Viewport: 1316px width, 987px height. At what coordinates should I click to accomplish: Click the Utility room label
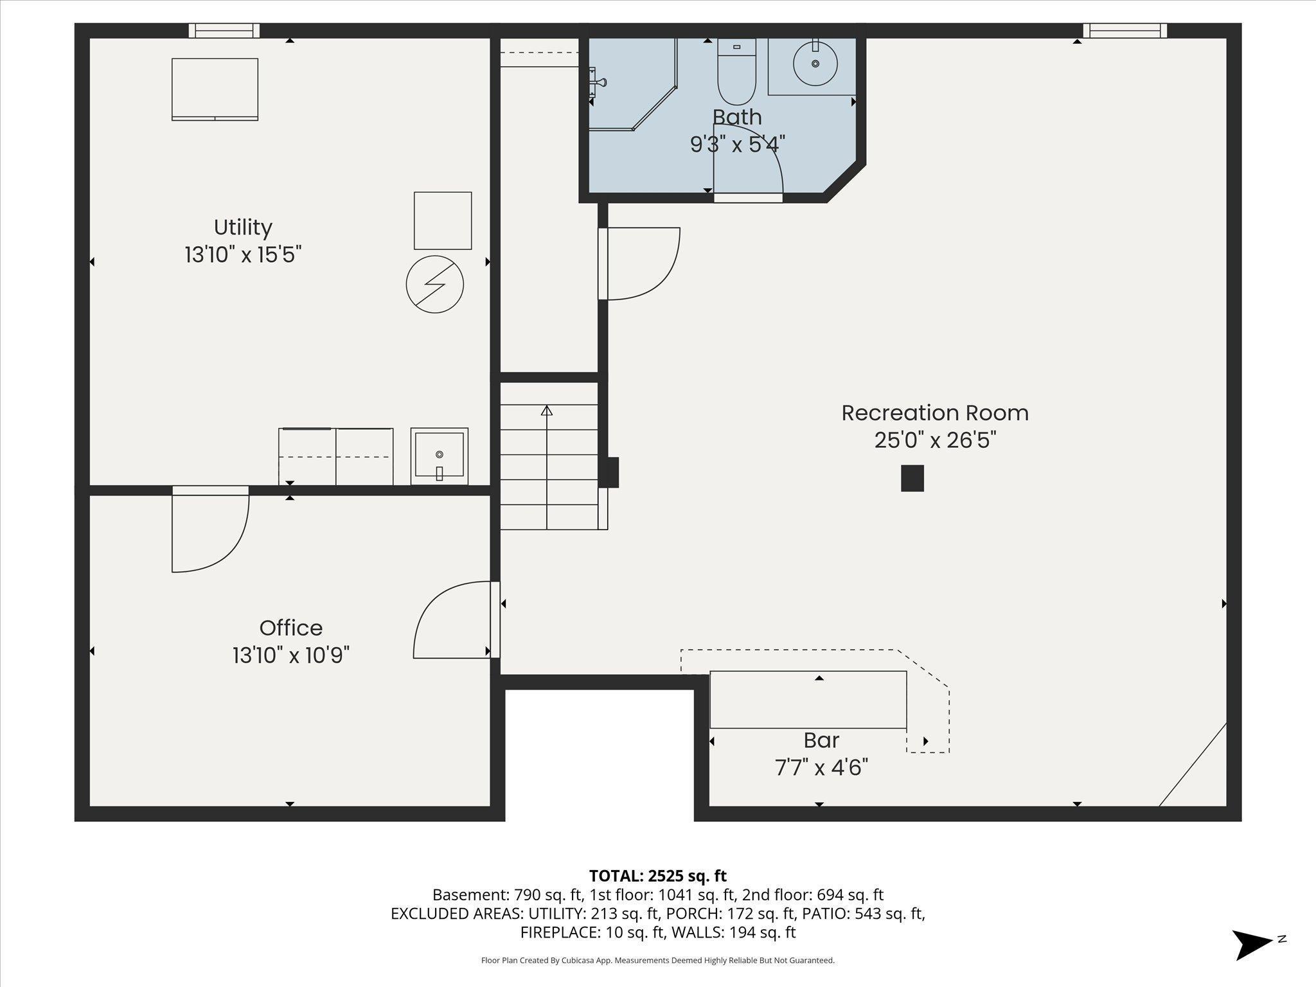coord(243,227)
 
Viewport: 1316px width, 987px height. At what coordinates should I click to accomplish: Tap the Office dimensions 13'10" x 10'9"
coord(290,655)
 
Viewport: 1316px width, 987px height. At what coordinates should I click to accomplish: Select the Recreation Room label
coord(934,413)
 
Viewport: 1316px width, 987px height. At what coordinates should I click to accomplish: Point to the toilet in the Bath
coord(736,74)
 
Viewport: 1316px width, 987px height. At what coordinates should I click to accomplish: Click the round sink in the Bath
coord(815,64)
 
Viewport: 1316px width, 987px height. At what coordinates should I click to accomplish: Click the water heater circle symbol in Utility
coord(435,285)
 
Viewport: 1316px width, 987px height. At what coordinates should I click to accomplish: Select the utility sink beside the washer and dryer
coord(440,456)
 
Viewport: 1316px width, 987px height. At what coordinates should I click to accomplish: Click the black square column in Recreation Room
coord(912,478)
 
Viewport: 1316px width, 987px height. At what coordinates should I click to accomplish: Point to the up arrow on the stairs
coord(547,411)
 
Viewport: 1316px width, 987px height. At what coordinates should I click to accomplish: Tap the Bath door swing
coord(747,161)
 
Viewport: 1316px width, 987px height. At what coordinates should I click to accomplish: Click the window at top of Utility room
coord(224,31)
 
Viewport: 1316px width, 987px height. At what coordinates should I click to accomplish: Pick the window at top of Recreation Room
coord(1125,31)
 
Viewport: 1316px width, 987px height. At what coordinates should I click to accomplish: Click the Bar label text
coord(821,740)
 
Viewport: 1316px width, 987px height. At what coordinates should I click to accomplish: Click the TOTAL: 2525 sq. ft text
coord(657,876)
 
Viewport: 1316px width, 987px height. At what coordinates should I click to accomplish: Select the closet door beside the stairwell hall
coord(639,263)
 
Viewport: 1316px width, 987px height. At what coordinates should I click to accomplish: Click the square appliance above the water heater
coord(442,220)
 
